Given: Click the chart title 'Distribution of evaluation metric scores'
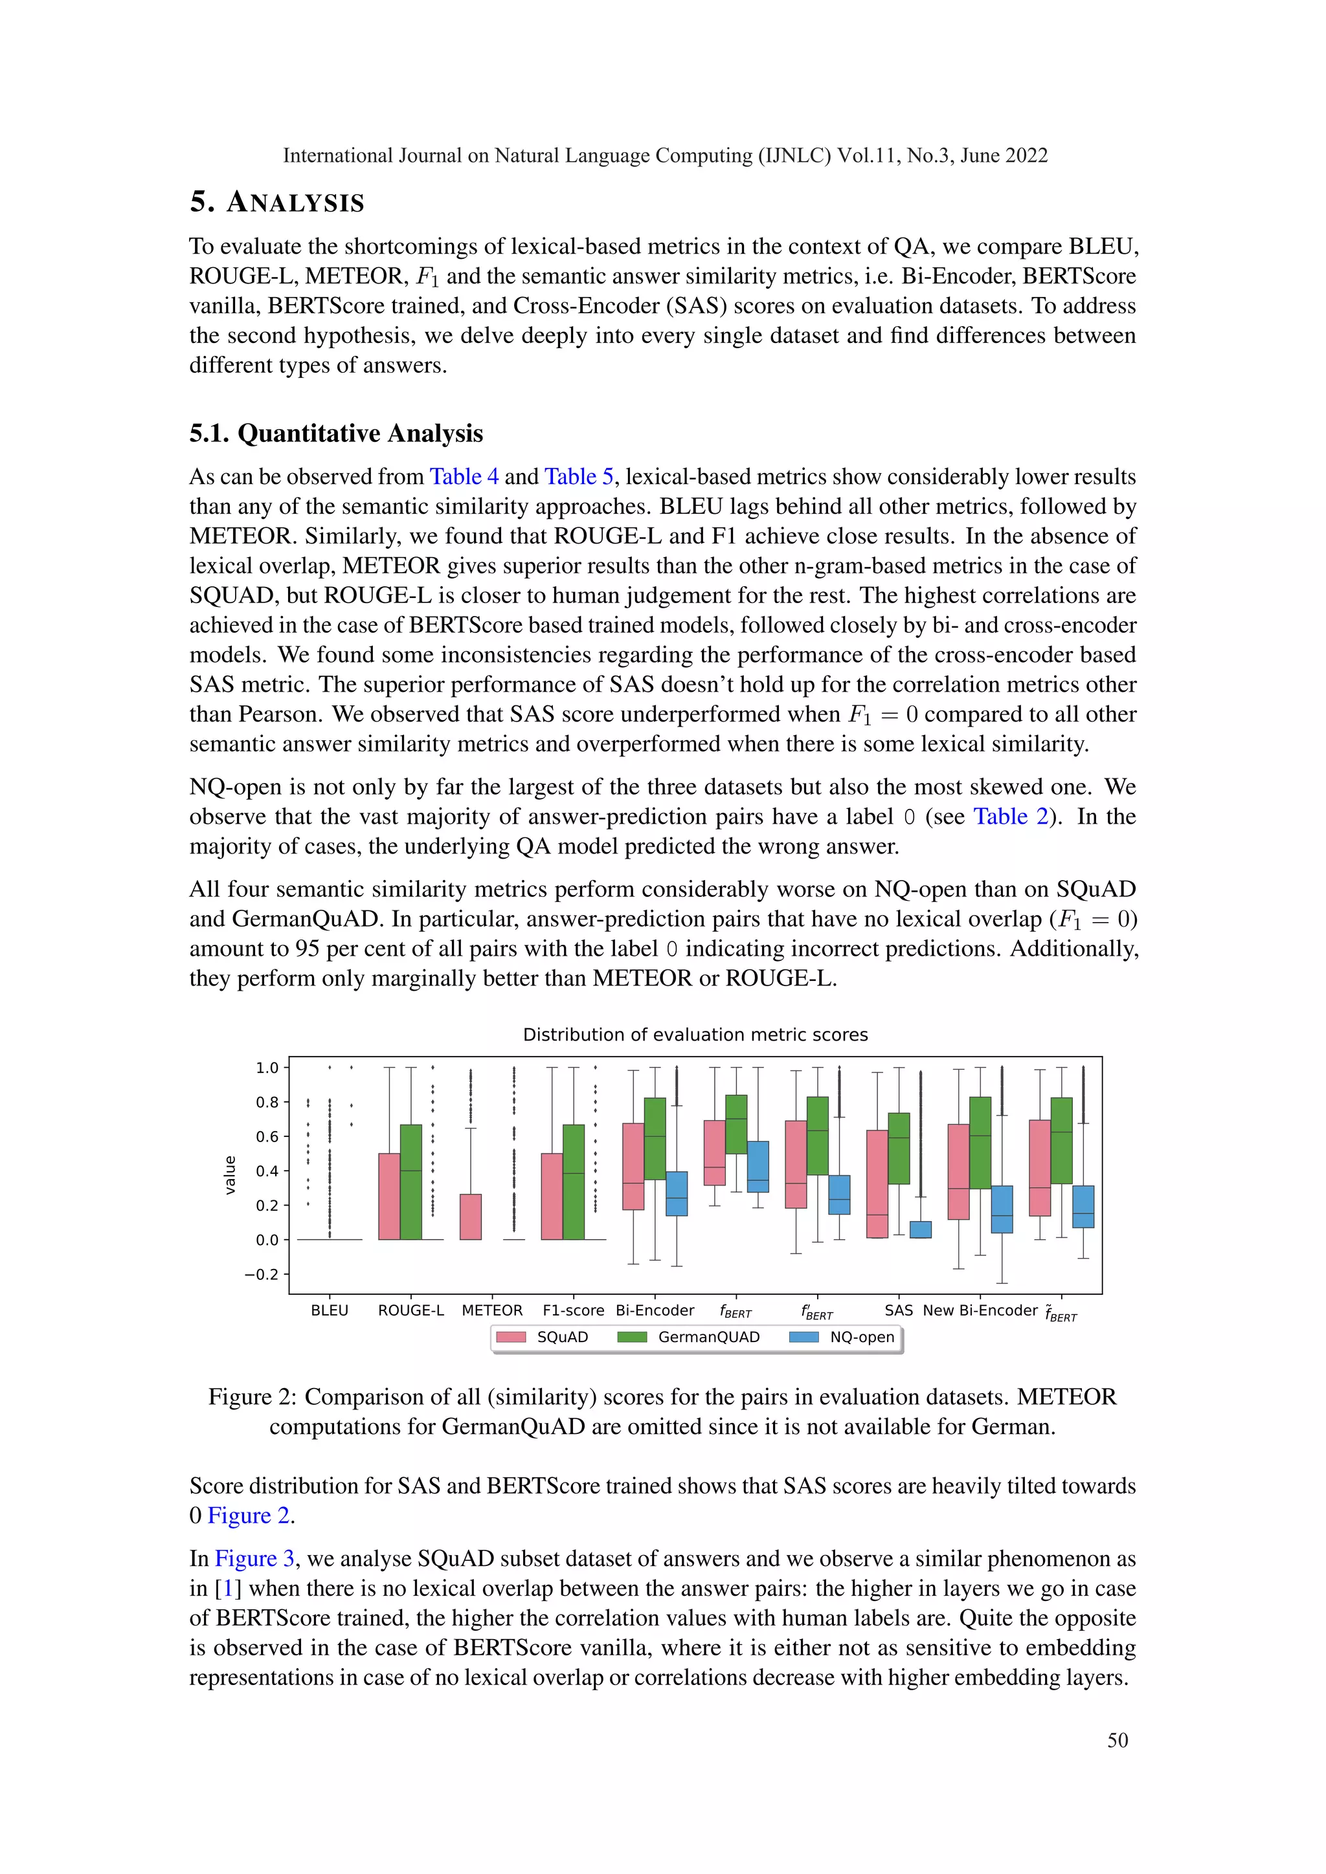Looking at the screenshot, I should point(695,1034).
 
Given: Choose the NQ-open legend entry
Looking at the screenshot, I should point(842,1337).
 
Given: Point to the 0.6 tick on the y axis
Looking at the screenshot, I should point(267,1136).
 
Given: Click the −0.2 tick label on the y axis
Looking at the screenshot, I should point(262,1274).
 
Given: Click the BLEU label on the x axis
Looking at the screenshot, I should point(329,1310).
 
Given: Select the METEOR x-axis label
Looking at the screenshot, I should point(491,1310).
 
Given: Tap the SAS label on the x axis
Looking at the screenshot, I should point(898,1310).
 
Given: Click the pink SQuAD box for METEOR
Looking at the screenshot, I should point(470,1216).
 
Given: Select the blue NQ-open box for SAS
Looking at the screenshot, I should point(920,1229).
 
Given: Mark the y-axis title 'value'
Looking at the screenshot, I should point(230,1175).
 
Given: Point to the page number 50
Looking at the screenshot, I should point(1117,1740).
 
